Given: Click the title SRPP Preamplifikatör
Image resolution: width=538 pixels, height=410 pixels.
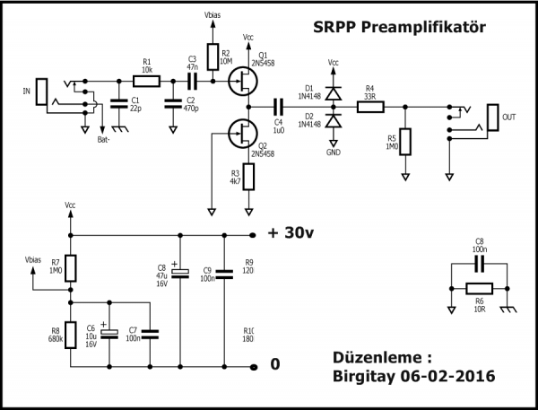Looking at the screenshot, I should coord(399,28).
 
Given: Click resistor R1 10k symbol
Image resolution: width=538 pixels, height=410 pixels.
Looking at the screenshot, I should coord(146,81).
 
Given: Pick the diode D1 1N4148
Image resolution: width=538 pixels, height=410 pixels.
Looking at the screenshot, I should coord(334,92).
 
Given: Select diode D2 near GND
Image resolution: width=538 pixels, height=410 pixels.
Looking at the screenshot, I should coord(334,120).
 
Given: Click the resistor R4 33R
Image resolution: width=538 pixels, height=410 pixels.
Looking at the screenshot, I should coord(370,107).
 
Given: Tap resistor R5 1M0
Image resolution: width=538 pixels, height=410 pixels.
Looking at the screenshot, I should coord(405,141).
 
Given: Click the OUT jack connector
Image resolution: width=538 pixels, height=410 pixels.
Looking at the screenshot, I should coord(494,117).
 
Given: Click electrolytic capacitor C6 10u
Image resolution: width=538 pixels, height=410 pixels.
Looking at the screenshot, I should coord(109,334).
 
